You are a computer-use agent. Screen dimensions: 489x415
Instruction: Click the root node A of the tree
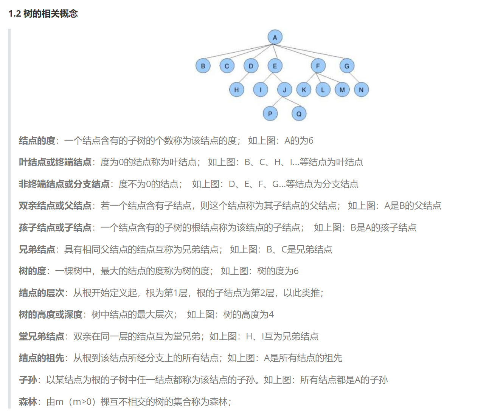pyautogui.click(x=275, y=37)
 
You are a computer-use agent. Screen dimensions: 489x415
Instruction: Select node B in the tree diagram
pyautogui.click(x=203, y=66)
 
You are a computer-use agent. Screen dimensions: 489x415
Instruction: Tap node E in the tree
pyautogui.click(x=275, y=66)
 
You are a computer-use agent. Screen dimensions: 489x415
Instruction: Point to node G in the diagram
pyautogui.click(x=347, y=66)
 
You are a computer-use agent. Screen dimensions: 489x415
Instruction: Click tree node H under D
pyautogui.click(x=236, y=90)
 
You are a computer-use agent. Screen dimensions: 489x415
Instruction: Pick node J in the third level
pyautogui.click(x=284, y=90)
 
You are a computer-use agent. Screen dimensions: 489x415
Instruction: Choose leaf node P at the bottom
pyautogui.click(x=270, y=113)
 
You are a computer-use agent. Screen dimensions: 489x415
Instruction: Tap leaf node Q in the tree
pyautogui.click(x=299, y=113)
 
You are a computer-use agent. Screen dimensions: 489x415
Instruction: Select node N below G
pyautogui.click(x=361, y=90)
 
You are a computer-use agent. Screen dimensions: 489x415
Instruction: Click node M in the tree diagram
pyautogui.click(x=342, y=90)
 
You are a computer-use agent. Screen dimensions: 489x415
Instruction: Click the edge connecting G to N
pyautogui.click(x=354, y=77)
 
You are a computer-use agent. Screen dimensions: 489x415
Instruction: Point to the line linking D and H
pyautogui.click(x=244, y=77)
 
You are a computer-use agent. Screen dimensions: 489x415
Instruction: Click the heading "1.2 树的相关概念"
pyautogui.click(x=43, y=14)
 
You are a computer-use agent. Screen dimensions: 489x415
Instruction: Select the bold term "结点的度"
pyautogui.click(x=37, y=141)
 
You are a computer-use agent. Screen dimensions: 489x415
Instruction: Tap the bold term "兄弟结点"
pyautogui.click(x=37, y=249)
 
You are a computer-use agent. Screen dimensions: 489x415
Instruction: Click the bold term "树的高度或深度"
pyautogui.click(x=51, y=314)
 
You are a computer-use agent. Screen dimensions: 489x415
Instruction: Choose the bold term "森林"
pyautogui.click(x=28, y=402)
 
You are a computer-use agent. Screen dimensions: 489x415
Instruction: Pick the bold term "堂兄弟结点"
pyautogui.click(x=42, y=336)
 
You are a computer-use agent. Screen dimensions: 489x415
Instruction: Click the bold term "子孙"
pyautogui.click(x=28, y=380)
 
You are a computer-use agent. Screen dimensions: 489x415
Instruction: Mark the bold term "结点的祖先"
pyautogui.click(x=42, y=358)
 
